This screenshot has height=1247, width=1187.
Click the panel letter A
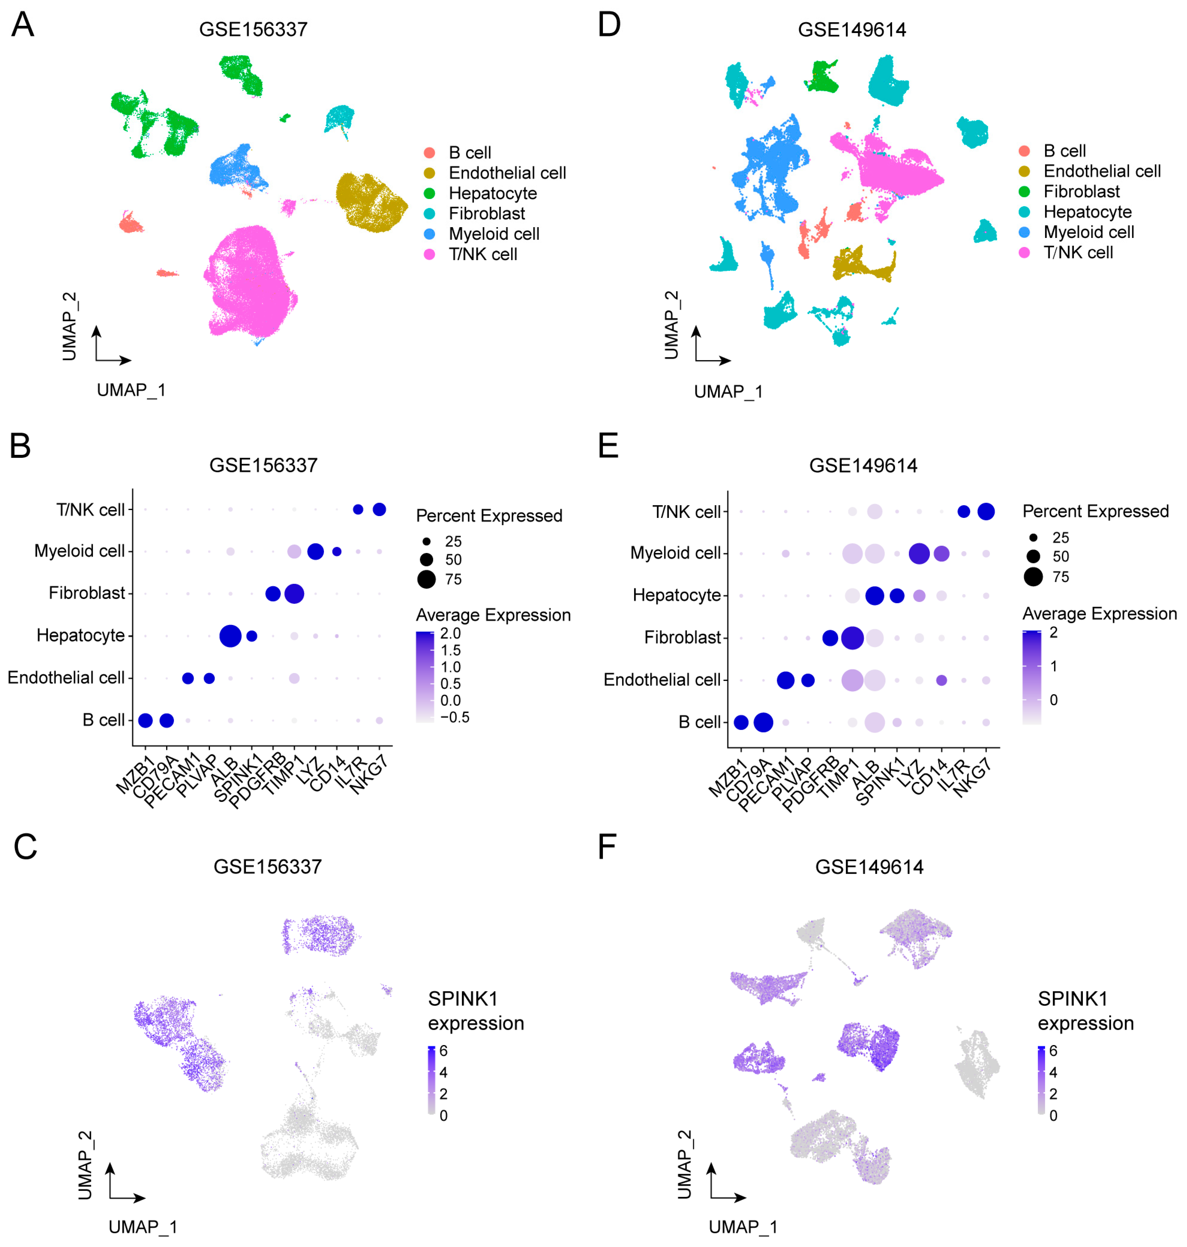[23, 25]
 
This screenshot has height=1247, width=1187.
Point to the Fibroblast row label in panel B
[87, 593]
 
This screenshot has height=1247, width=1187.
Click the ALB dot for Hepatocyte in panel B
[230, 636]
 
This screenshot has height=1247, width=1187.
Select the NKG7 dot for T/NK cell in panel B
[379, 509]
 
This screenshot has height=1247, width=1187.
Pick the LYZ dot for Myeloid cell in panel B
[315, 551]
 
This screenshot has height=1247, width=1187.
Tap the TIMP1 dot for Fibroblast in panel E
[852, 637]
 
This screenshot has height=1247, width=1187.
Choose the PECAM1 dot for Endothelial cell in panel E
[785, 681]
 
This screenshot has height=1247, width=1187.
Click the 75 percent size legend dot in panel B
[427, 579]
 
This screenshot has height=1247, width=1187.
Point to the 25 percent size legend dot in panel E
[1033, 537]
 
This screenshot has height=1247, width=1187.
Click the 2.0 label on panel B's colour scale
[451, 633]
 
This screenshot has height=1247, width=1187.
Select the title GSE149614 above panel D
[852, 30]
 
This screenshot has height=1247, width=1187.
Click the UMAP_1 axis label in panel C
[143, 1227]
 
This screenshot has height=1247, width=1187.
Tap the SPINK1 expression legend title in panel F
[1085, 1011]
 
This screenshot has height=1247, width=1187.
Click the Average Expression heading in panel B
[493, 614]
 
